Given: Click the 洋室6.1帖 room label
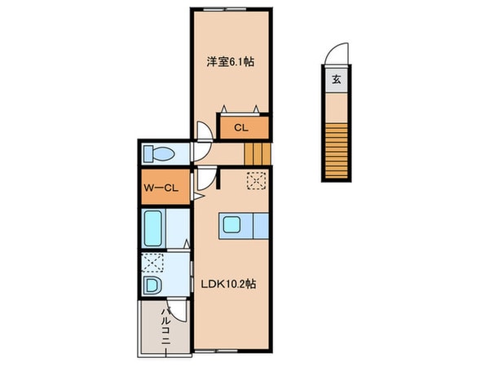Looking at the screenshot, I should click(x=229, y=62).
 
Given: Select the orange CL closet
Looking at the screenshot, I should click(x=242, y=128).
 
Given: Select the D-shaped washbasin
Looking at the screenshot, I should click(x=153, y=285).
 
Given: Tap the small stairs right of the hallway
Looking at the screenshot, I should click(x=257, y=153).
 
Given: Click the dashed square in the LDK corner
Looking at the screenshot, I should click(x=257, y=181).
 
